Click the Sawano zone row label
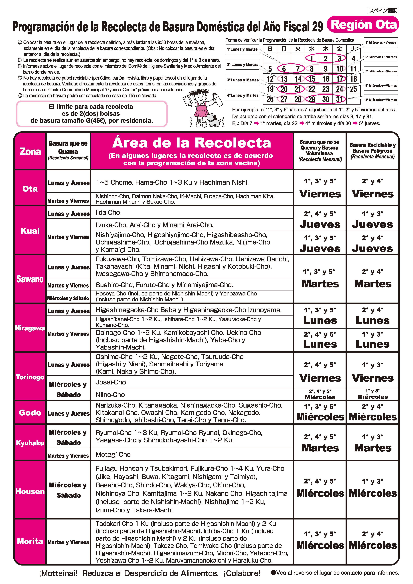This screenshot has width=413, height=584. click(30, 279)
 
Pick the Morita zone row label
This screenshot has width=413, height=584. click(30, 541)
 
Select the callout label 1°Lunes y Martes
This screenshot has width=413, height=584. click(242, 49)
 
